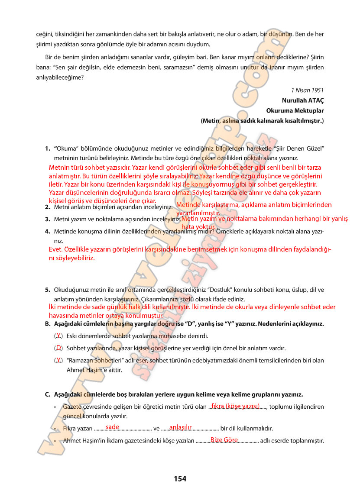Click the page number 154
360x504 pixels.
point(180,478)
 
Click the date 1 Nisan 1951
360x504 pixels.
point(308,90)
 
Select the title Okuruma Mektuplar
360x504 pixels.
point(295,110)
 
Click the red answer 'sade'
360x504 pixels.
point(112,427)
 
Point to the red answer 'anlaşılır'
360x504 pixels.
point(180,427)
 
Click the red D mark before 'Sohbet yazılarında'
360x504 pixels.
point(58,347)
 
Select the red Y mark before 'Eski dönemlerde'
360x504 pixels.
point(58,336)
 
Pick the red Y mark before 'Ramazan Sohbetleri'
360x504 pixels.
point(58,360)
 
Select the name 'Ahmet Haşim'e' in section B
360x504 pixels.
point(85,370)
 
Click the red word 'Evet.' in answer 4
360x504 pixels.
point(56,250)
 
